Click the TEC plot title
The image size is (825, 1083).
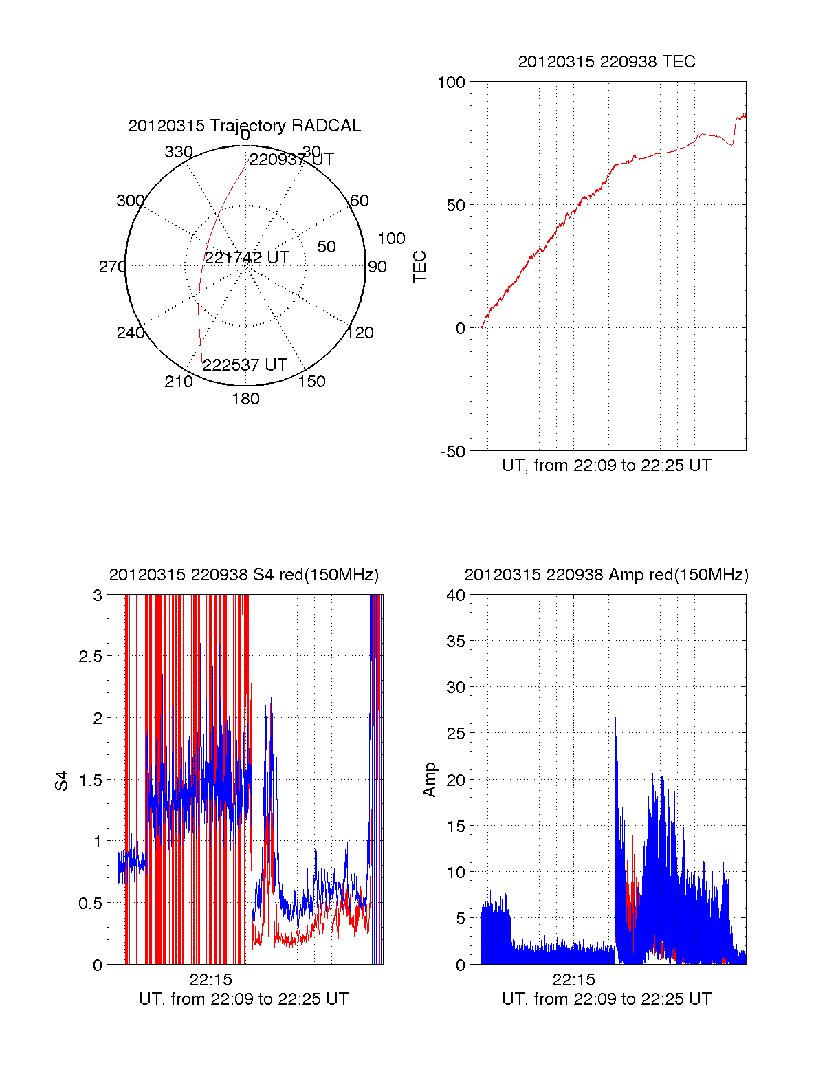point(606,62)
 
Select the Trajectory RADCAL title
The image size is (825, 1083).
point(244,126)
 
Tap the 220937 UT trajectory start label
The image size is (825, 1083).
point(291,160)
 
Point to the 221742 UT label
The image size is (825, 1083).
point(247,258)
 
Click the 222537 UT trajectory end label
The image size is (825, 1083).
point(245,365)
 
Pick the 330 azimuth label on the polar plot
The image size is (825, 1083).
point(179,152)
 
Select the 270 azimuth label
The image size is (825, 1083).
point(112,267)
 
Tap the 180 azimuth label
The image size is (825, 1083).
point(245,399)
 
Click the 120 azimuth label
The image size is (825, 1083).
point(360,333)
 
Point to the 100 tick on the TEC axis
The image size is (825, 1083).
point(452,83)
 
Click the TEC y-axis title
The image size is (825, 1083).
point(419,267)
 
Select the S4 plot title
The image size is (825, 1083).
point(244,575)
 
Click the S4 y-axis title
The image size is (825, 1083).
point(62,781)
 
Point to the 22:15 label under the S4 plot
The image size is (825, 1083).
point(211,980)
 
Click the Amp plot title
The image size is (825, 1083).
point(606,575)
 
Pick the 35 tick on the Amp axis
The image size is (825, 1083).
point(456,642)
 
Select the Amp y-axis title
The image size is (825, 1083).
point(430,780)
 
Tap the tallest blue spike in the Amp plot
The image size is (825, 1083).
point(615,719)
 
